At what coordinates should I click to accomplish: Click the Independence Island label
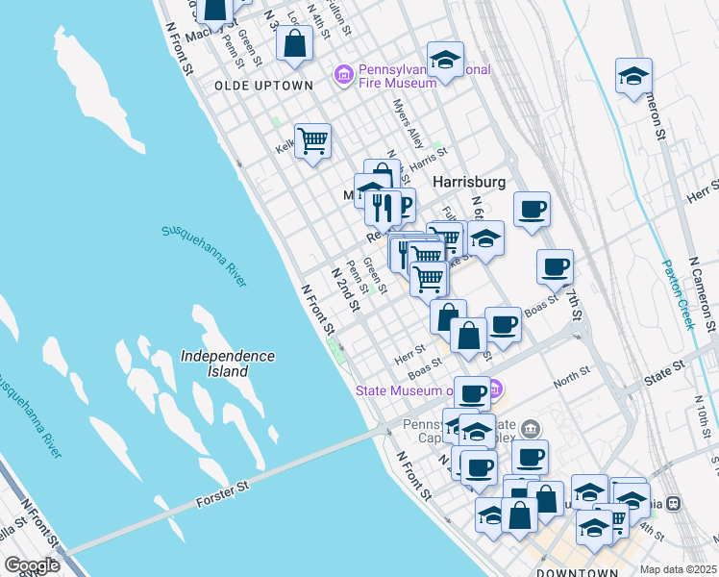(x=228, y=364)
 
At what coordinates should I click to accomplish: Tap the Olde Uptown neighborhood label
(x=263, y=86)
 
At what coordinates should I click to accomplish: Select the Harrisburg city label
(x=469, y=181)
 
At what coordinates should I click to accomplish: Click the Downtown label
(x=577, y=573)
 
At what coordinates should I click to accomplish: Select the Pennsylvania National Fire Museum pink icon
(x=341, y=74)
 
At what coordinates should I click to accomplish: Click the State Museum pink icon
(x=494, y=389)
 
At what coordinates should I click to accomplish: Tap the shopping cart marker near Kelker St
(x=312, y=141)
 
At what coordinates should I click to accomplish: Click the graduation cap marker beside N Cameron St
(x=634, y=76)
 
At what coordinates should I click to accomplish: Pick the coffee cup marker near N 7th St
(x=554, y=268)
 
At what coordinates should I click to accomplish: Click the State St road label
(x=664, y=365)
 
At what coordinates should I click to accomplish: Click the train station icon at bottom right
(x=674, y=503)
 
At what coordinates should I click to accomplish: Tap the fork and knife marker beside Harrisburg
(x=383, y=207)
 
